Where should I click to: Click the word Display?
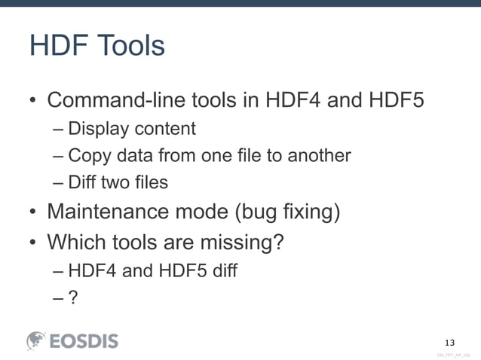(x=98, y=129)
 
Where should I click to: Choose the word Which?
(x=72, y=243)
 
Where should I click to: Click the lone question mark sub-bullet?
(x=73, y=297)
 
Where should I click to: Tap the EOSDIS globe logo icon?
(x=37, y=341)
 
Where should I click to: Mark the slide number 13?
(x=451, y=337)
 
